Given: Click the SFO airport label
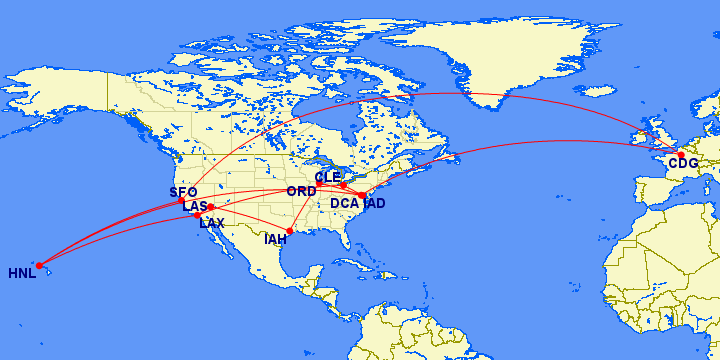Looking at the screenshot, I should [x=183, y=192].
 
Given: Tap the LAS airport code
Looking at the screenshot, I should [x=194, y=207].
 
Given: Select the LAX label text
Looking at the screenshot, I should [x=212, y=223].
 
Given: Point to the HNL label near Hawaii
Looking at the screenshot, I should [x=22, y=273].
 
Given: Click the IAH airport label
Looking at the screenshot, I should [x=276, y=239].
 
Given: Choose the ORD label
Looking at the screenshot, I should [x=301, y=191].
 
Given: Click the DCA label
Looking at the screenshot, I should [x=345, y=204].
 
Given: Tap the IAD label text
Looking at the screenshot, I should [x=375, y=204].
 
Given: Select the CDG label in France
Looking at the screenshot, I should [x=683, y=163].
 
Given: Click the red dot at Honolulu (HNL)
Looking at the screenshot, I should [x=39, y=265].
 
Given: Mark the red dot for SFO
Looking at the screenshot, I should [x=181, y=201].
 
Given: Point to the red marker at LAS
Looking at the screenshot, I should [x=210, y=207].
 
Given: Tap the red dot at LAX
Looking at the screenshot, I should [x=198, y=216].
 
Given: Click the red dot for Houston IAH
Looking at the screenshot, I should [x=290, y=231].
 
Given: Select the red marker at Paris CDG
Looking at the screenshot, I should [x=681, y=154].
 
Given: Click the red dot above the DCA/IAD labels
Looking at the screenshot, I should [x=361, y=195].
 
